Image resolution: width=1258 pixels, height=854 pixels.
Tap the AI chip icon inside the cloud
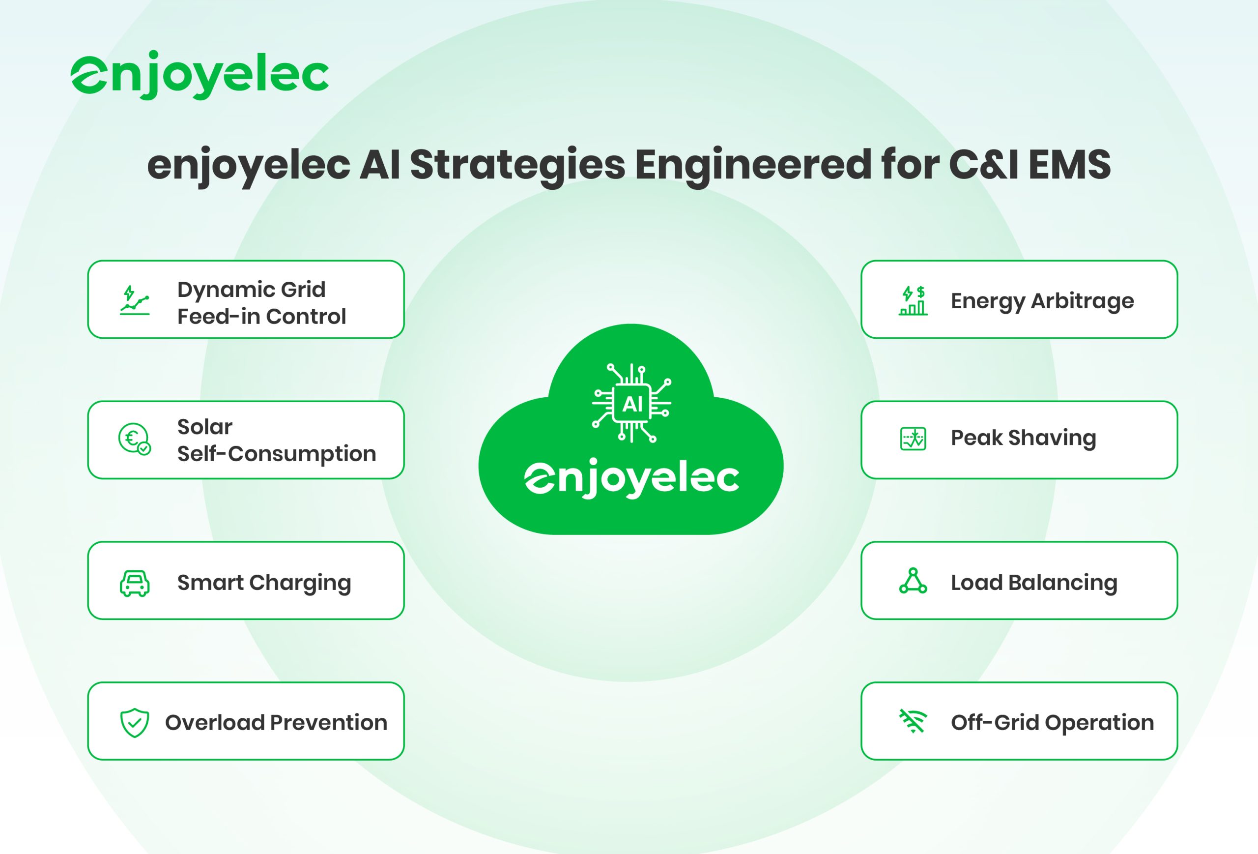632,403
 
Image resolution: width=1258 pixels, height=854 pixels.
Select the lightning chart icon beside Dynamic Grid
134,300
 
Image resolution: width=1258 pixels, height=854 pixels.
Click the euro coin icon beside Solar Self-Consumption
134,439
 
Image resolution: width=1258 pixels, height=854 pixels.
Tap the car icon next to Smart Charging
134,583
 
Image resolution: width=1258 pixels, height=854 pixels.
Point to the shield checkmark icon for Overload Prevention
134,722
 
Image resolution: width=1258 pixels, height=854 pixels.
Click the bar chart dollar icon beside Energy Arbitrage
913,300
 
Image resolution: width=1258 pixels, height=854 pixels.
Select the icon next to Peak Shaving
913,439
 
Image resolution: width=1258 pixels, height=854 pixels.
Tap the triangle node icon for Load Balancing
913,581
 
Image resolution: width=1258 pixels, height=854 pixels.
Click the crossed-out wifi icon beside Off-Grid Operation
913,721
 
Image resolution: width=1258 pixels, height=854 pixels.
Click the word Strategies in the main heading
517,166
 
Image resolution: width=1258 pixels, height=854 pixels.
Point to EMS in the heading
1070,165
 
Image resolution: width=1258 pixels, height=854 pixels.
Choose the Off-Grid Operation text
1052,723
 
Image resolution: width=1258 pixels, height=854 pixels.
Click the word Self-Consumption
277,454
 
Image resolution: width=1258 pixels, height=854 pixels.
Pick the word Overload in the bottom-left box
215,722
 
